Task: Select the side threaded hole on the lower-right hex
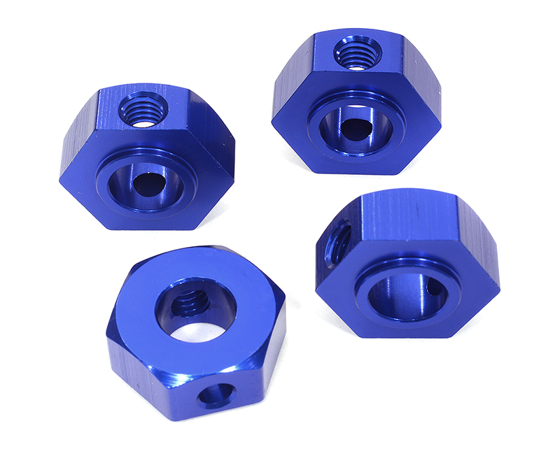pyautogui.click(x=338, y=241)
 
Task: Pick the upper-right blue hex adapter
pyautogui.click(x=356, y=101)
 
